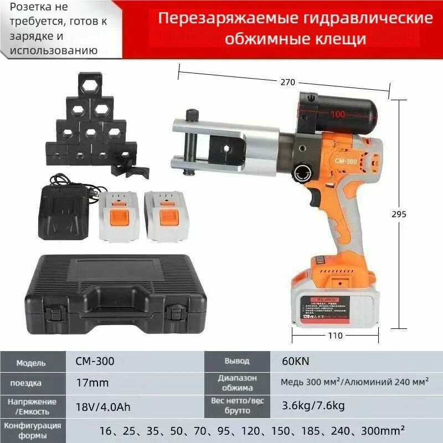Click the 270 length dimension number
coord(287,82)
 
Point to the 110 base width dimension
coord(336,336)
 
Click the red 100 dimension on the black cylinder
coord(338,114)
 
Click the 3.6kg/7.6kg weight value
coord(313,406)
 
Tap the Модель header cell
coord(31,363)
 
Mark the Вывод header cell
coord(236,361)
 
